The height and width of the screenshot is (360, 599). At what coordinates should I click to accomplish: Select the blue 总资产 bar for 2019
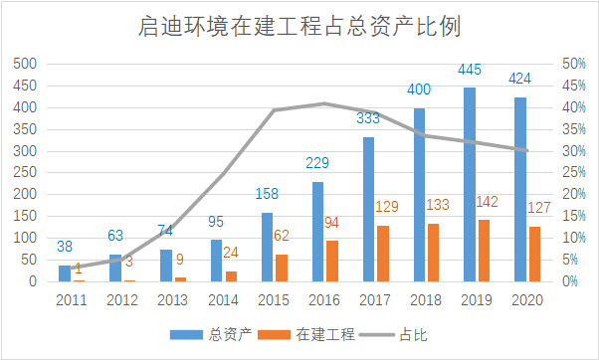(469, 184)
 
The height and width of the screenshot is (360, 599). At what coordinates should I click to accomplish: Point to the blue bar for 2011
(64, 273)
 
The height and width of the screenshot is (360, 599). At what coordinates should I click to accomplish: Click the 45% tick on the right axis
(572, 86)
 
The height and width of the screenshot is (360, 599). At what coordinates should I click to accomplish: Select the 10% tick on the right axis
(572, 239)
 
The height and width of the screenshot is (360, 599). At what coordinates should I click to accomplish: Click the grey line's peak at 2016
(323, 103)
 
